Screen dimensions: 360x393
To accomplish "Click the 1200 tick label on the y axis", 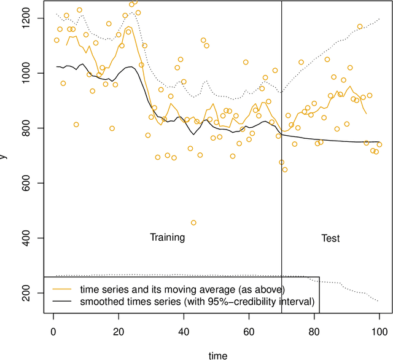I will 29,18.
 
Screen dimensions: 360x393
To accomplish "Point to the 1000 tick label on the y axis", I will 29,73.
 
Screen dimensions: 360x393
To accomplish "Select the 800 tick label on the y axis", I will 29,128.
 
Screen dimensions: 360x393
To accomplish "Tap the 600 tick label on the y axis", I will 29,183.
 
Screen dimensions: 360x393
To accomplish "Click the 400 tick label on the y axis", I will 29,238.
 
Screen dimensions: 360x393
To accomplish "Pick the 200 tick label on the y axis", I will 29,292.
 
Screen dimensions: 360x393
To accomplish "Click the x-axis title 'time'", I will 217,354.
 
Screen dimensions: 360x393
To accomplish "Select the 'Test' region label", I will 330,238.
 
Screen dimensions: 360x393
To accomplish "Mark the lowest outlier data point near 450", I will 193,223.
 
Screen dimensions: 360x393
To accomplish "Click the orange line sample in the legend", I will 67,288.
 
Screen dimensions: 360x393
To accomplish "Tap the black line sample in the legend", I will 67,301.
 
